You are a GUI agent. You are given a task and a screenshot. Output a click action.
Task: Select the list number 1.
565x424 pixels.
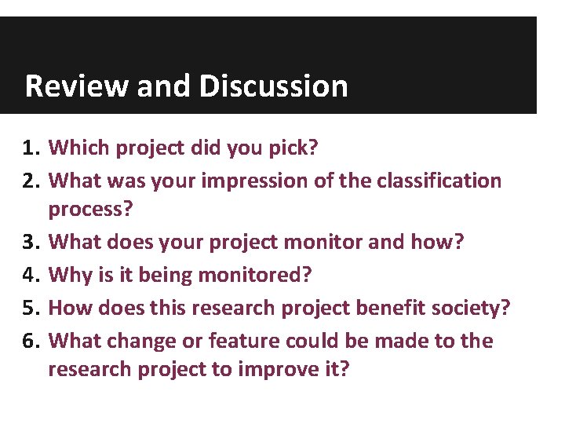(30, 148)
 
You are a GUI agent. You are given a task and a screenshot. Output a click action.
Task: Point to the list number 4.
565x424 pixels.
(30, 275)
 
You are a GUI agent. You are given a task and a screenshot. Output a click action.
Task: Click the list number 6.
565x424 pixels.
(30, 341)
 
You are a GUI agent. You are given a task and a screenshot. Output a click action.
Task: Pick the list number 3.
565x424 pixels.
(30, 242)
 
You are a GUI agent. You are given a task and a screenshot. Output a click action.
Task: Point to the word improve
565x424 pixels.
(281, 369)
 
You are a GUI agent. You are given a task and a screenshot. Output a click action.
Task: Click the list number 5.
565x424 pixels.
(30, 308)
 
